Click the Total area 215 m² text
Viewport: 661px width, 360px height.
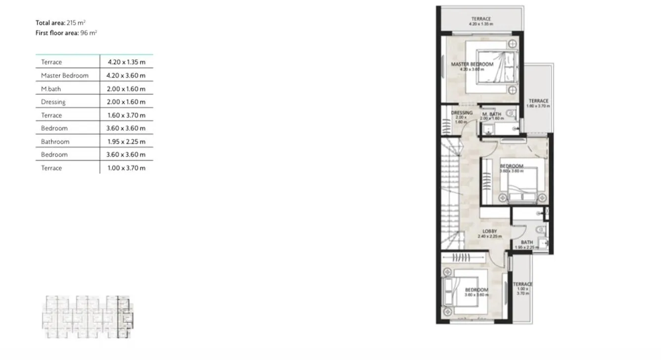pyautogui.click(x=61, y=23)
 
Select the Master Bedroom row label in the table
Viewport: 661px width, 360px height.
pyautogui.click(x=65, y=76)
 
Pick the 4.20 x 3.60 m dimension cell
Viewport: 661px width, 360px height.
pyautogui.click(x=126, y=76)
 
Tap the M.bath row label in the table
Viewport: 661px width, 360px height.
pyautogui.click(x=51, y=89)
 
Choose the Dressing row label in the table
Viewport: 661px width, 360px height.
pyautogui.click(x=53, y=102)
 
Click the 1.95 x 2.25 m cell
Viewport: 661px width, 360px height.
pyautogui.click(x=126, y=141)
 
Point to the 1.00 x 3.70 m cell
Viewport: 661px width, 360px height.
pyautogui.click(x=126, y=168)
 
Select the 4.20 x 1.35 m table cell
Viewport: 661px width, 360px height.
pyautogui.click(x=126, y=62)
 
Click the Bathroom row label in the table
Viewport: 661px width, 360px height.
pyautogui.click(x=55, y=141)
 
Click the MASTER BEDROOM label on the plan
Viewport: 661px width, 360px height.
pyautogui.click(x=472, y=64)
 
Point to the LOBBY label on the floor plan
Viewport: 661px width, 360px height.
pyautogui.click(x=490, y=231)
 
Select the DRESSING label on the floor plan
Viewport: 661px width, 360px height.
pyautogui.click(x=462, y=113)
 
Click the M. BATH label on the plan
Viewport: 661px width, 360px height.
pyautogui.click(x=492, y=114)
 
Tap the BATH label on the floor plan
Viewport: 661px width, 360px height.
pyautogui.click(x=526, y=242)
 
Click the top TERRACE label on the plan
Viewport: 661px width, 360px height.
pyautogui.click(x=481, y=19)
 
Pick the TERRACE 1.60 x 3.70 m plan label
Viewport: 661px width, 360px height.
pyautogui.click(x=538, y=101)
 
